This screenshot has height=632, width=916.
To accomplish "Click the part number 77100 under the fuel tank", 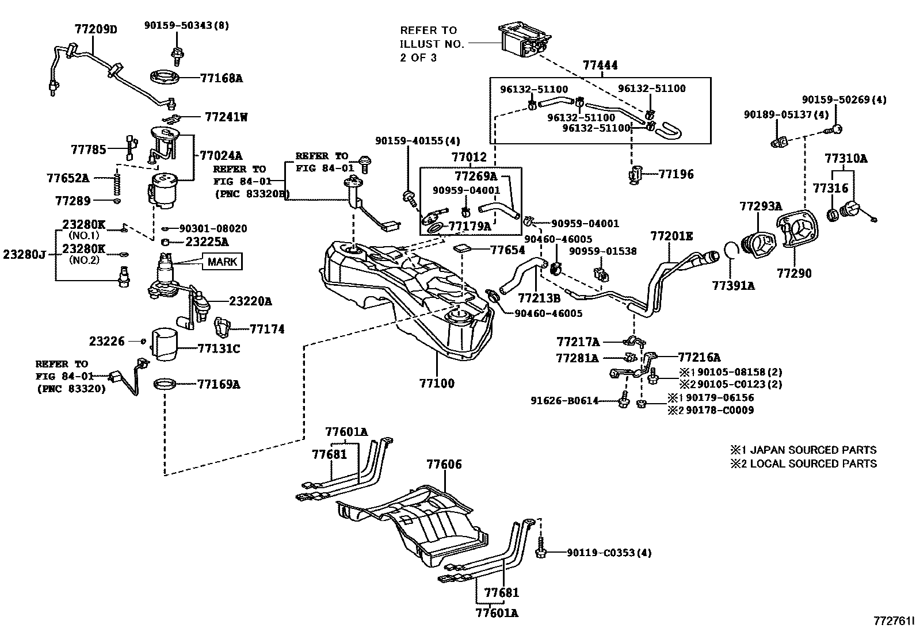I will [436, 383].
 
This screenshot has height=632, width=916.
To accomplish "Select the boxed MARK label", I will [222, 262].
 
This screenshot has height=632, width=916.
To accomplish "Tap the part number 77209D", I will [95, 28].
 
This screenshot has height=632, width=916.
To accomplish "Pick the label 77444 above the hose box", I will [600, 65].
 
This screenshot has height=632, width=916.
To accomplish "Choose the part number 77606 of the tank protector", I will [444, 464].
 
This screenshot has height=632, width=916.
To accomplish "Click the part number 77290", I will [794, 273].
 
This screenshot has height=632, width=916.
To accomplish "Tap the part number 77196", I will [676, 174].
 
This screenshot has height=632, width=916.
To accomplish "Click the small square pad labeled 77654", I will [463, 249].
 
